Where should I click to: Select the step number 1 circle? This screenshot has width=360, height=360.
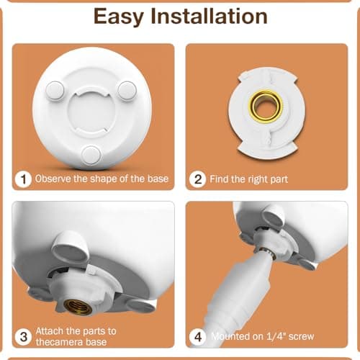pos(24,179)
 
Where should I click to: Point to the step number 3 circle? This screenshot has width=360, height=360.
pos(24,336)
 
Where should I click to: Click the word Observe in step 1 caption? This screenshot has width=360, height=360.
pos(53,179)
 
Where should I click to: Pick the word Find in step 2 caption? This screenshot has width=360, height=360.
pos(220,179)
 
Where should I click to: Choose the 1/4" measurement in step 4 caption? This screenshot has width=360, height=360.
pos(276,336)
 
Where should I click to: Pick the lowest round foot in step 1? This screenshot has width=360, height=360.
pos(91,153)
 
